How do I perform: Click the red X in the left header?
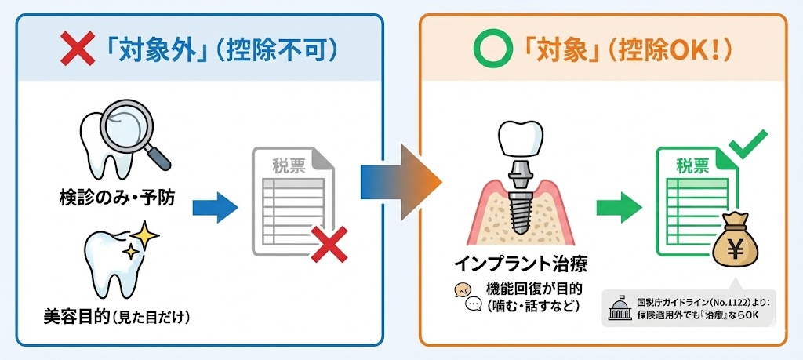coord(78,50)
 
